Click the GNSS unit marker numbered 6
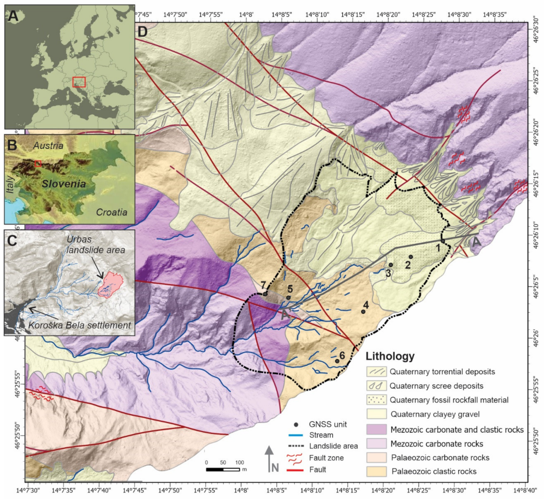pos(337,361)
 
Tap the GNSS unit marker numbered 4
pos(363,312)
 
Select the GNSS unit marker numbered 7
pos(265,294)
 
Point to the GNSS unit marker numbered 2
pos(411,257)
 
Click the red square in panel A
pos(79,82)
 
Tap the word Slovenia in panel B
pos(64,184)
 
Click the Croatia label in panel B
pos(111,212)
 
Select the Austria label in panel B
pos(48,145)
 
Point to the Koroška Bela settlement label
pos(80,325)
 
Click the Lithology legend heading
pos(390,356)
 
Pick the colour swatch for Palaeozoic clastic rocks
pos(377,471)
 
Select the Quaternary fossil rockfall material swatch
pos(377,400)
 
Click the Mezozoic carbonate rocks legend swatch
pos(377,444)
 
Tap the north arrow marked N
pos(269,459)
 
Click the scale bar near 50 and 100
pos(223,469)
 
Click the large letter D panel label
pos(142,32)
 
